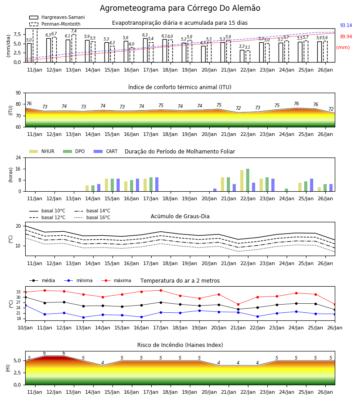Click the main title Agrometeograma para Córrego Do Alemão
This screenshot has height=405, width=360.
coord(180,8)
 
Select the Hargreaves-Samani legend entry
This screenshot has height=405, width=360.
coord(57,17)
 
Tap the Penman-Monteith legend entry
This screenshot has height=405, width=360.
coord(55,24)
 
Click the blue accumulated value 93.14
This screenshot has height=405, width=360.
coord(346,25)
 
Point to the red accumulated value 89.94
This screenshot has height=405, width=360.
coord(346,37)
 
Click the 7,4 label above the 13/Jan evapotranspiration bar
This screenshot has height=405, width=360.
coord(74,31)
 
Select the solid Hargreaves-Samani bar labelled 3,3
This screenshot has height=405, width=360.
coord(242,56)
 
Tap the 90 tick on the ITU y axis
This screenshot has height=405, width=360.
coord(18,93)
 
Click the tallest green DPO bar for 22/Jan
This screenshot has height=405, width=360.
coord(247,180)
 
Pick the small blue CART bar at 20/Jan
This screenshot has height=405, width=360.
coord(215,190)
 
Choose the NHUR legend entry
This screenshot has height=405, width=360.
coord(42,151)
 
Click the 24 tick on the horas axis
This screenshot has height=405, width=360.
coord(18,157)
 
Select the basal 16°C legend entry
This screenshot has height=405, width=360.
coord(92,217)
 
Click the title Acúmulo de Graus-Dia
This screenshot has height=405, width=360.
coord(180,216)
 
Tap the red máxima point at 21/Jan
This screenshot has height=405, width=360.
coord(238,304)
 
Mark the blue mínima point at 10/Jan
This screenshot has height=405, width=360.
coord(25,305)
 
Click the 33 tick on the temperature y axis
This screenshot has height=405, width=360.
coord(18,292)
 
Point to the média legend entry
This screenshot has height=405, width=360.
coord(42,280)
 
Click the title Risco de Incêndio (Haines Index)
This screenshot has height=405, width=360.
coord(180,345)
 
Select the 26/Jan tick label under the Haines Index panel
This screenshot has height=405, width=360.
coord(325,392)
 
